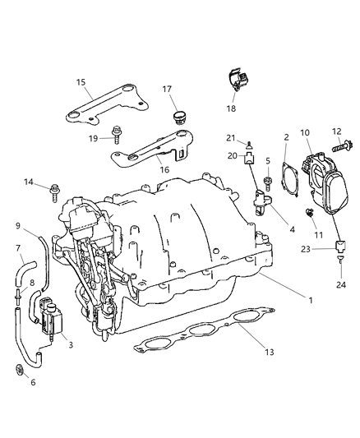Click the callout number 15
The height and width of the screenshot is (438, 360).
pos(81,81)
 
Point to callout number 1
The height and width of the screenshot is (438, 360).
pos(310,301)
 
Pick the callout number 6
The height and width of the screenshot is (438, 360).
pos(33,383)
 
